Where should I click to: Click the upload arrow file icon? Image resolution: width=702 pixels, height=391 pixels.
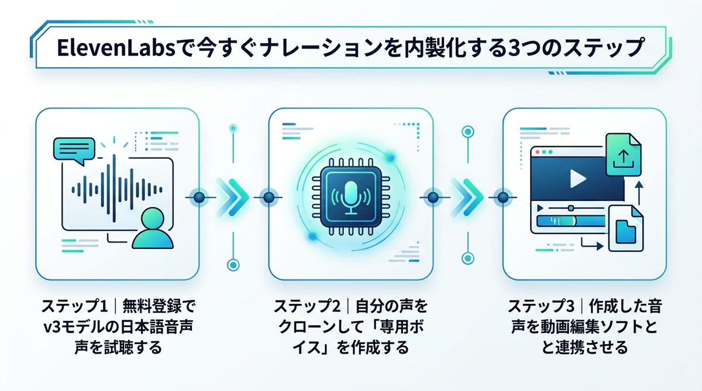tap(624, 155)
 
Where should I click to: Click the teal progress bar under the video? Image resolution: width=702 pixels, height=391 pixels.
tap(556, 222)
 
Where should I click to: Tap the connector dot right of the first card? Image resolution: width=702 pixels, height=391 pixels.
tap(198, 197)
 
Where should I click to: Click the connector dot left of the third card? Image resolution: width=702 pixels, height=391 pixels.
tap(503, 197)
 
